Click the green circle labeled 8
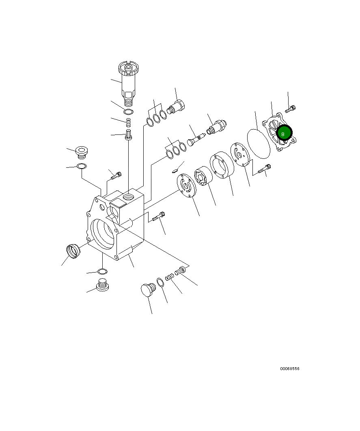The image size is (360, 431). pyautogui.click(x=284, y=133)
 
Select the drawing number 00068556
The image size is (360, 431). pyautogui.click(x=289, y=369)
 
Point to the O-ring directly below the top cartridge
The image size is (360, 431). pyautogui.click(x=129, y=112)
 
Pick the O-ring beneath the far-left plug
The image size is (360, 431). pyautogui.click(x=82, y=166)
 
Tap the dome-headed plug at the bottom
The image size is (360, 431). pyautogui.click(x=147, y=290)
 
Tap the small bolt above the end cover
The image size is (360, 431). pyautogui.click(x=291, y=109)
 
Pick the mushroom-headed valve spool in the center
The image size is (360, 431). pyautogui.click(x=194, y=141)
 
